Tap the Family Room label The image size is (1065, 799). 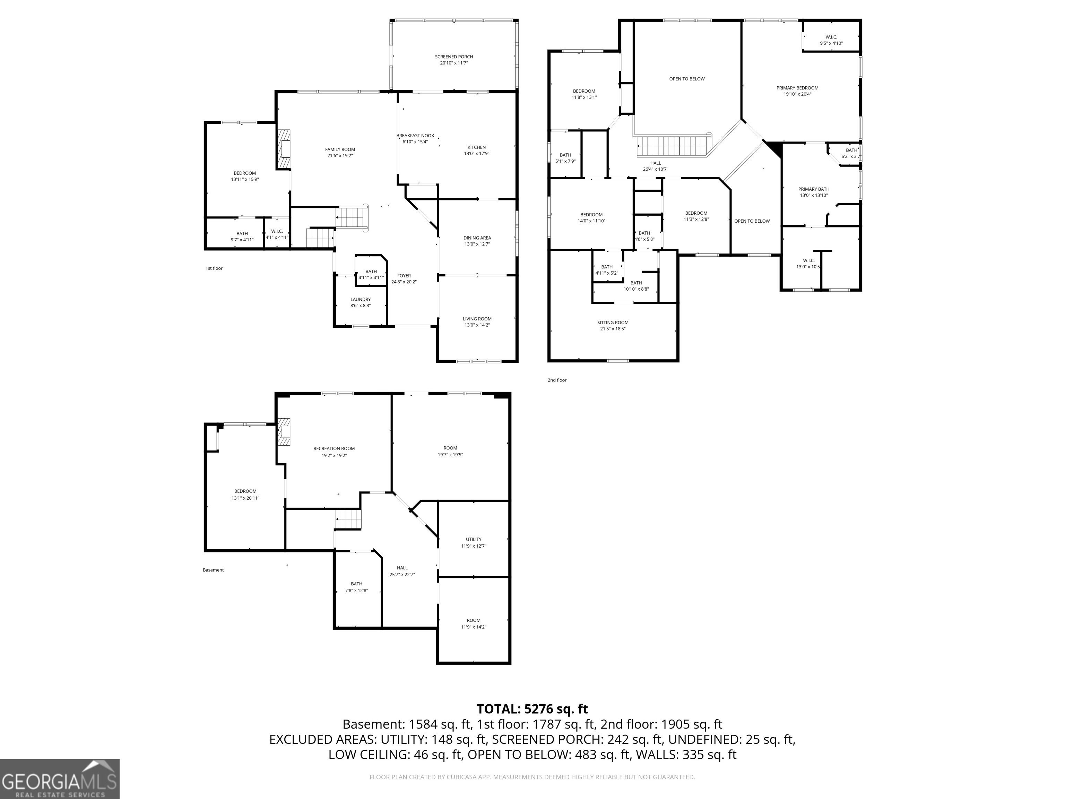340,149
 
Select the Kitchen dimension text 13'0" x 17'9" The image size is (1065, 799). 477,154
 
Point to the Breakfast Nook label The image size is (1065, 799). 415,136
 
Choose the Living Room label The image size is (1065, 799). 477,319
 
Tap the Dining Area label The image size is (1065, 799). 477,238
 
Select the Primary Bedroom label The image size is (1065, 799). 797,88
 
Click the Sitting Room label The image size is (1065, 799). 613,323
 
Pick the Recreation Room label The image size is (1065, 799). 334,449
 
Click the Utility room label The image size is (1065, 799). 474,539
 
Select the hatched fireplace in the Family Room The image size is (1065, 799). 284,149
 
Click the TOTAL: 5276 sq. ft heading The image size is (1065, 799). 532,709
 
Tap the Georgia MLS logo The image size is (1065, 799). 60,779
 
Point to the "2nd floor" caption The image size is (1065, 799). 557,380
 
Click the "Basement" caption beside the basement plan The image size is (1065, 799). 213,570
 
